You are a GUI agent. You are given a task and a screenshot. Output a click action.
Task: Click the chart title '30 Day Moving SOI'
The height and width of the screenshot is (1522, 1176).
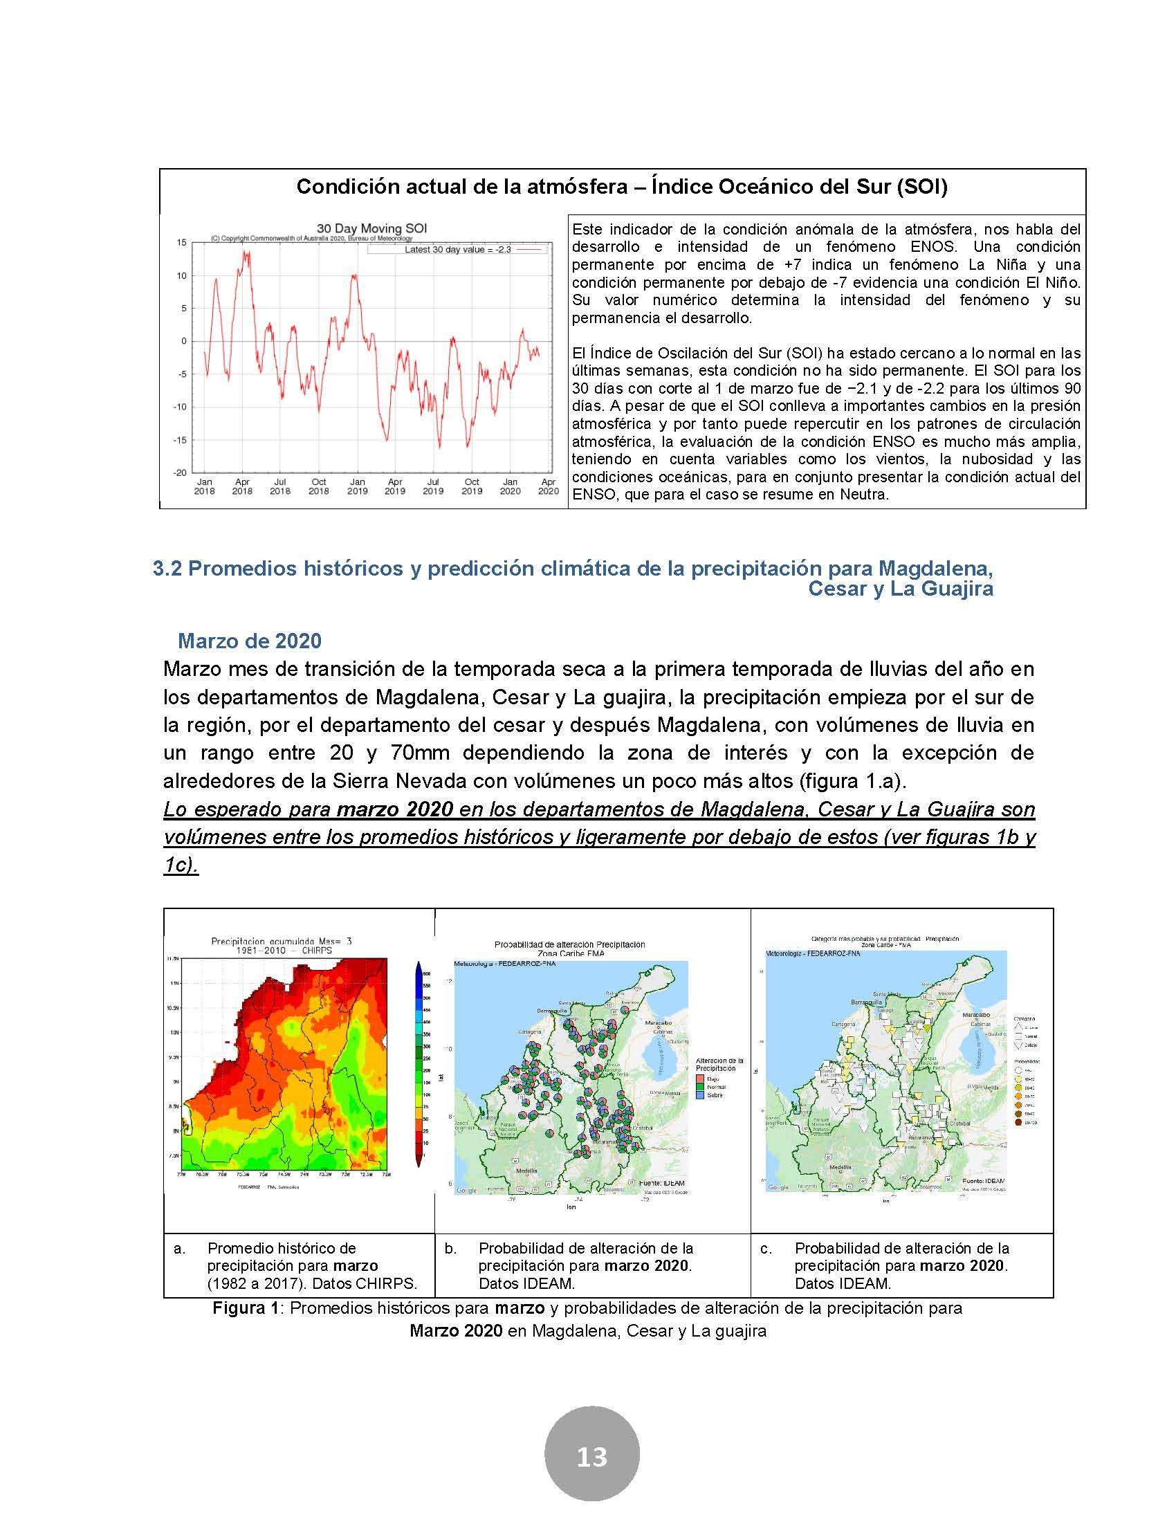pos(371,228)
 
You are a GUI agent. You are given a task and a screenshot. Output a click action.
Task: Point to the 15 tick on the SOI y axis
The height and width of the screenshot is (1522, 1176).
pos(182,244)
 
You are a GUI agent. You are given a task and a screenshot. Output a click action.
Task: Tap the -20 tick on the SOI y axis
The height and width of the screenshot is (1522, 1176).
pos(180,472)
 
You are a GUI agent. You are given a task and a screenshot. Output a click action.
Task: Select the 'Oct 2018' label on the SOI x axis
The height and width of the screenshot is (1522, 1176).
pos(318,486)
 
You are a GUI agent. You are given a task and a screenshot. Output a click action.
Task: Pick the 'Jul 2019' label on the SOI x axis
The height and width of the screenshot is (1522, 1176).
pos(433,486)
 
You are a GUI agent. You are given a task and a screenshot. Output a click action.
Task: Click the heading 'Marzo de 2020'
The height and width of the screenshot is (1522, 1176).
pos(250,641)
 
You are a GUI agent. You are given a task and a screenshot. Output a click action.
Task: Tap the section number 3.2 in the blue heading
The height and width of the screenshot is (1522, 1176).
pos(167,569)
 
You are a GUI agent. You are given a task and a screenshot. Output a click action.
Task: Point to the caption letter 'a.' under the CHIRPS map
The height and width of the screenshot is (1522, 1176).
pos(180,1248)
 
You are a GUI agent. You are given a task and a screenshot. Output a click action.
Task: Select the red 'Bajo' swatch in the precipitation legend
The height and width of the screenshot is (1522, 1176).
pos(701,1078)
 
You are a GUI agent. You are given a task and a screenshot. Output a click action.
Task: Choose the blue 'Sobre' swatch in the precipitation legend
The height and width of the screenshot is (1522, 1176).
pos(701,1095)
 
